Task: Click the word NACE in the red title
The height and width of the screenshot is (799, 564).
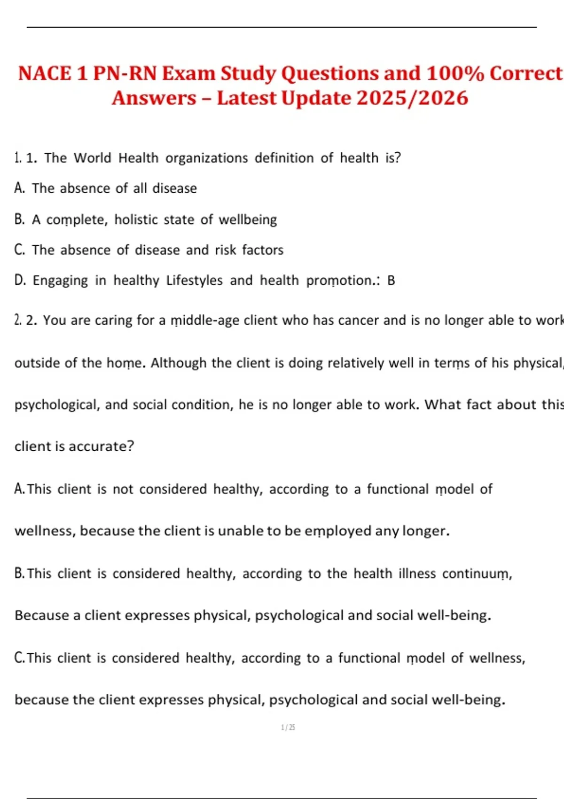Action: point(45,74)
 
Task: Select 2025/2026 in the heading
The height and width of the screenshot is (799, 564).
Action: point(412,98)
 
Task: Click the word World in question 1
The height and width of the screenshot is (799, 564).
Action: point(92,158)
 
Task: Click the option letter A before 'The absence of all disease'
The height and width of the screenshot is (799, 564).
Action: point(19,188)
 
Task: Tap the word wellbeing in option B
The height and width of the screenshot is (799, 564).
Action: point(248,220)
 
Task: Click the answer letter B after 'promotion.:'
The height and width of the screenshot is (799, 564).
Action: point(391,281)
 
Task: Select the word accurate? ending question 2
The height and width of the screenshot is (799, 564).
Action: point(101,446)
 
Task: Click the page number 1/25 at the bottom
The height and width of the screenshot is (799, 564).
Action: point(288,728)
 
